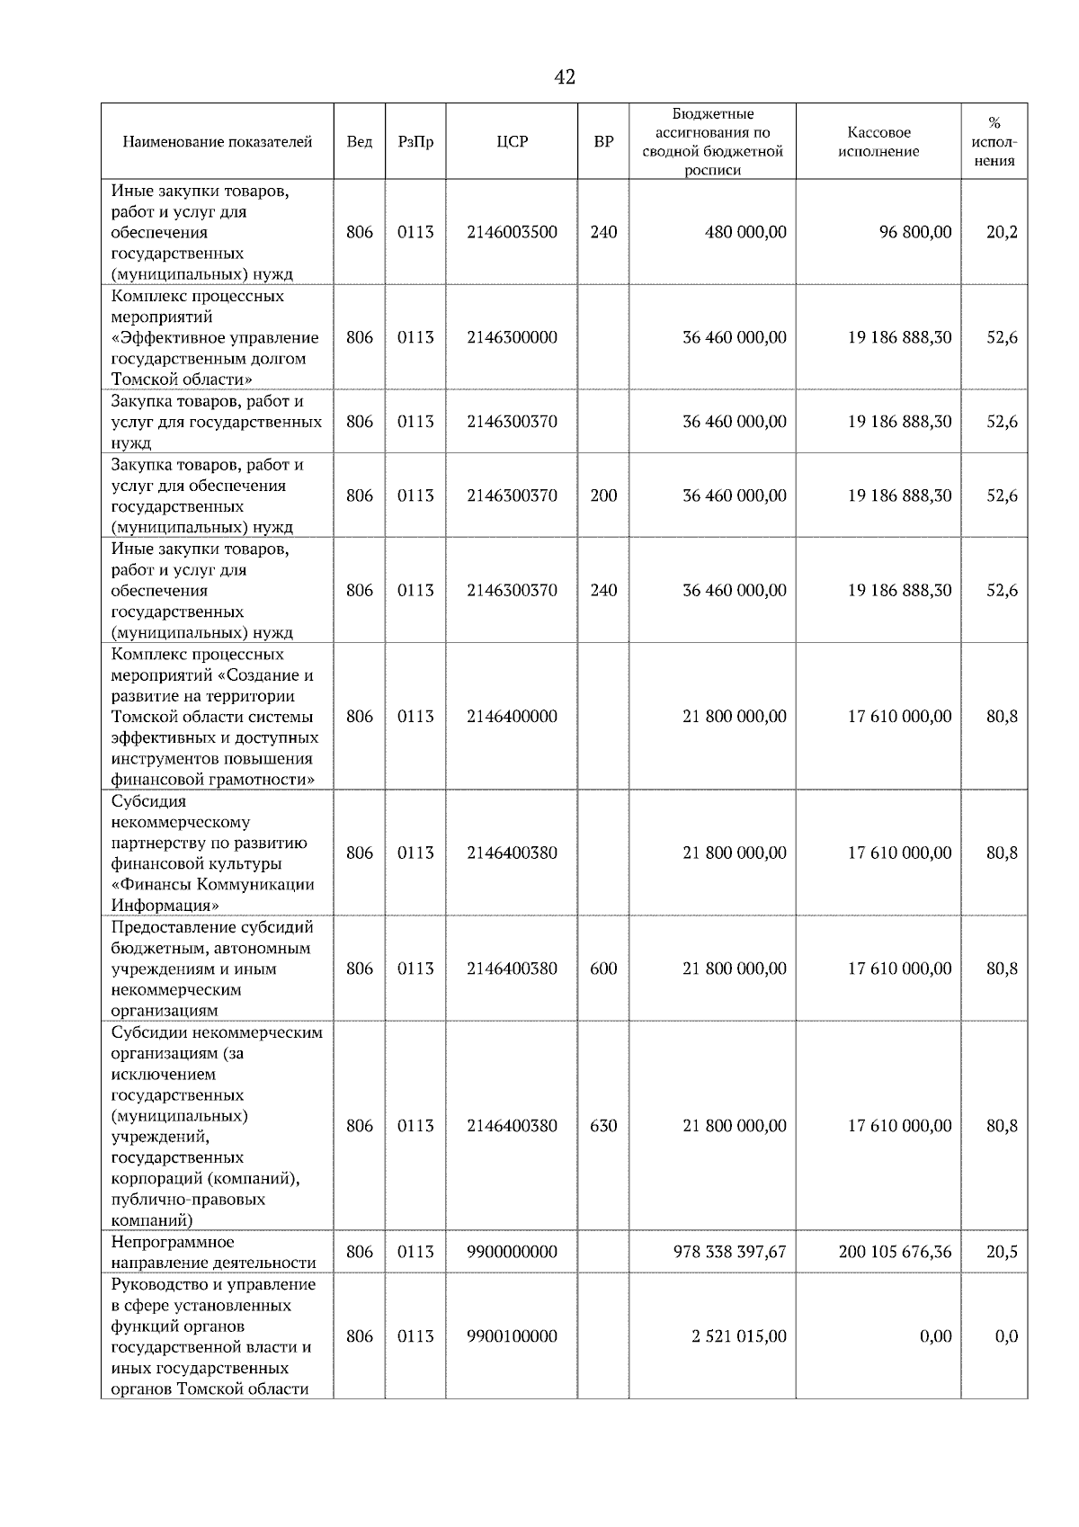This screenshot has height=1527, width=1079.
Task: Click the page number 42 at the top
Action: click(565, 77)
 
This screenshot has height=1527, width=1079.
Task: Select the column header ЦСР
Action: click(512, 141)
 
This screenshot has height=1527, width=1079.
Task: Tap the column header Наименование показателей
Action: click(217, 141)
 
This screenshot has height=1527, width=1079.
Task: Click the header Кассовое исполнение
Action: click(878, 141)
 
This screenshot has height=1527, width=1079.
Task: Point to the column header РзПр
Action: click(415, 141)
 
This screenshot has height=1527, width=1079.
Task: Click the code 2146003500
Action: click(512, 232)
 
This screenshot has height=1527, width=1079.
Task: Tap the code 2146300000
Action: click(512, 337)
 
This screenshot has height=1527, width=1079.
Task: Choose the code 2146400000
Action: click(512, 716)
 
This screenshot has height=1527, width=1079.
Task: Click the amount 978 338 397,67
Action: click(729, 1251)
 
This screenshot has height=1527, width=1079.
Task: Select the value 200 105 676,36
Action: click(895, 1251)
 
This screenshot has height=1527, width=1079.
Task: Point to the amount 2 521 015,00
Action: click(738, 1335)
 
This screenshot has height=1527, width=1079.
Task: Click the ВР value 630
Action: click(603, 1125)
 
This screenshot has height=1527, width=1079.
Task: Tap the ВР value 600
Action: click(603, 969)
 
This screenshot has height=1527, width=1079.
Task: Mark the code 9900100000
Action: click(512, 1335)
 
